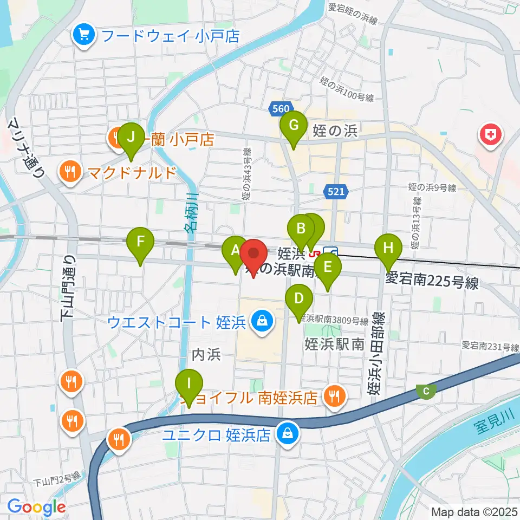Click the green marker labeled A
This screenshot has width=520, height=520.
pos(235,251)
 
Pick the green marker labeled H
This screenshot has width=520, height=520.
pos(388,249)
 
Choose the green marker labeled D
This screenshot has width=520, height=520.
pos(299,299)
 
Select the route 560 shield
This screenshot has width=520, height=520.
pos(281,109)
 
